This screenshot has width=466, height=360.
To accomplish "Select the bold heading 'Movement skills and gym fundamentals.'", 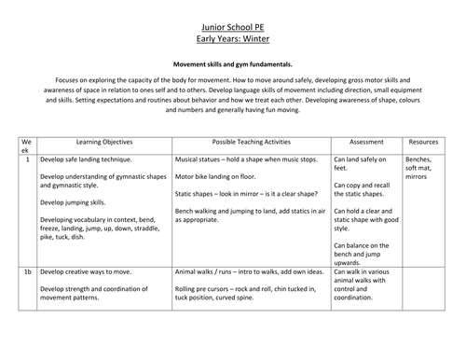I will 233,63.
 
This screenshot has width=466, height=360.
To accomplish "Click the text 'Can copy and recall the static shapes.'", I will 365,191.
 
